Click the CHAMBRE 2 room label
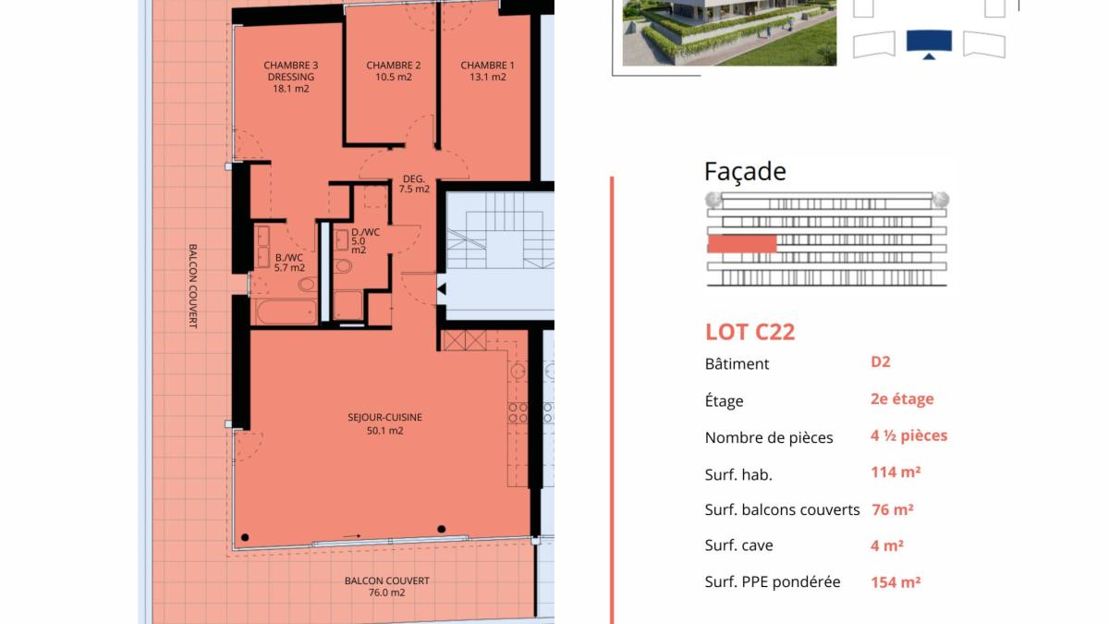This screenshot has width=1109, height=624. (x=394, y=71)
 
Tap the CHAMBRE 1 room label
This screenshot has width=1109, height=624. (x=488, y=71)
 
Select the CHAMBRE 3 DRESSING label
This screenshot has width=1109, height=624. (x=291, y=77)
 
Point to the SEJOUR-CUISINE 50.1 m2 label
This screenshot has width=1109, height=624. (x=384, y=424)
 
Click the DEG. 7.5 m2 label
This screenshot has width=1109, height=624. (x=414, y=184)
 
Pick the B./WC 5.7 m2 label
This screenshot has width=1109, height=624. (x=289, y=263)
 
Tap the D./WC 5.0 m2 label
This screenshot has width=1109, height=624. (x=365, y=240)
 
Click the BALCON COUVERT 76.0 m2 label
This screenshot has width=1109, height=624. (x=387, y=586)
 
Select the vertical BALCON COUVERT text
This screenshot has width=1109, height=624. (x=193, y=286)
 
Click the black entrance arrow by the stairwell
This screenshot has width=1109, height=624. (x=442, y=288)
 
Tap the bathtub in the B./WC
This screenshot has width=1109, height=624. (x=286, y=312)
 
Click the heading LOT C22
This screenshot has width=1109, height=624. (x=750, y=332)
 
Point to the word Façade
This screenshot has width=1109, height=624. (x=745, y=171)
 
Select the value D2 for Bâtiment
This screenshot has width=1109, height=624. (x=880, y=361)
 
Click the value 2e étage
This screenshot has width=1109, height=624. (x=902, y=398)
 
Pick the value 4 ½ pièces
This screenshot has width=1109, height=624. (x=909, y=435)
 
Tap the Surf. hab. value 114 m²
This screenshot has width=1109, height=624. (x=896, y=472)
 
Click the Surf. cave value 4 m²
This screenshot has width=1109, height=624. (x=887, y=545)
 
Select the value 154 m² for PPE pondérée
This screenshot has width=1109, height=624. (x=896, y=581)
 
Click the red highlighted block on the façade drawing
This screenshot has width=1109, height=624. (x=742, y=244)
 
